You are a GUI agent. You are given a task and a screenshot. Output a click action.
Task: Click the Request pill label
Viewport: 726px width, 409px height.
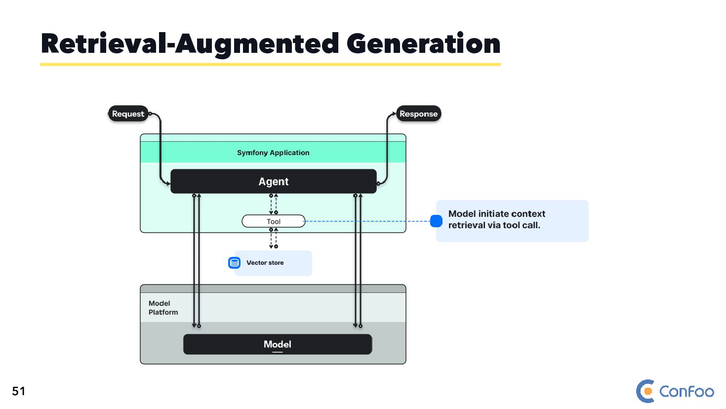pos(128,114)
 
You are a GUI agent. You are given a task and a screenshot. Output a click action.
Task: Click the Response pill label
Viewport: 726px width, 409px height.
pos(418,114)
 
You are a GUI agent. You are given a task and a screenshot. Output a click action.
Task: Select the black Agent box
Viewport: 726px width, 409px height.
pos(273,181)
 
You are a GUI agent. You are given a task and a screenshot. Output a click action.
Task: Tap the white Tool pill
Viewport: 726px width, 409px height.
pos(273,221)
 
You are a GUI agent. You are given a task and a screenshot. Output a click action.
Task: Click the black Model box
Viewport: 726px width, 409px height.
pos(277,344)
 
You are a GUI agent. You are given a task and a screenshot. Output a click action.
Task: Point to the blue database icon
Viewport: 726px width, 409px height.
pos(234,263)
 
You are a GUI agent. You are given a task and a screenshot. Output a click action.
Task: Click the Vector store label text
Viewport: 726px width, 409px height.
pos(265,263)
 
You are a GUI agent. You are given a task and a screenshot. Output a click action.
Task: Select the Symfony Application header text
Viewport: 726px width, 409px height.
pos(273,153)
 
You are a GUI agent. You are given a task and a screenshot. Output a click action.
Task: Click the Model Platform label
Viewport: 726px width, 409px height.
pos(163,308)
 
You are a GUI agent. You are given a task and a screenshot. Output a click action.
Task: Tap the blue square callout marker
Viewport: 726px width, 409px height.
pos(436,221)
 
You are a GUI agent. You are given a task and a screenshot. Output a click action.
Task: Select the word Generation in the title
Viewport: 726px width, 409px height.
pos(423,44)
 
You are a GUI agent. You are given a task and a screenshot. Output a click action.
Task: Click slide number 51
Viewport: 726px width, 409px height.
pos(19,391)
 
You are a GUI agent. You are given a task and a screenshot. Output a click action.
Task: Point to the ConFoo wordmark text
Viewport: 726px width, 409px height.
pos(686,392)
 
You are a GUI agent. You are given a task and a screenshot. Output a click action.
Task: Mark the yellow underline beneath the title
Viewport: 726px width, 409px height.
pos(270,64)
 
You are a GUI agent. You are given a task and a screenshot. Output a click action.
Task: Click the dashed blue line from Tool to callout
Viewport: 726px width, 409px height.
pos(368,221)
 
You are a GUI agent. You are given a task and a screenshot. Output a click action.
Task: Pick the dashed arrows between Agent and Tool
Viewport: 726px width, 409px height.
pos(274,204)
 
